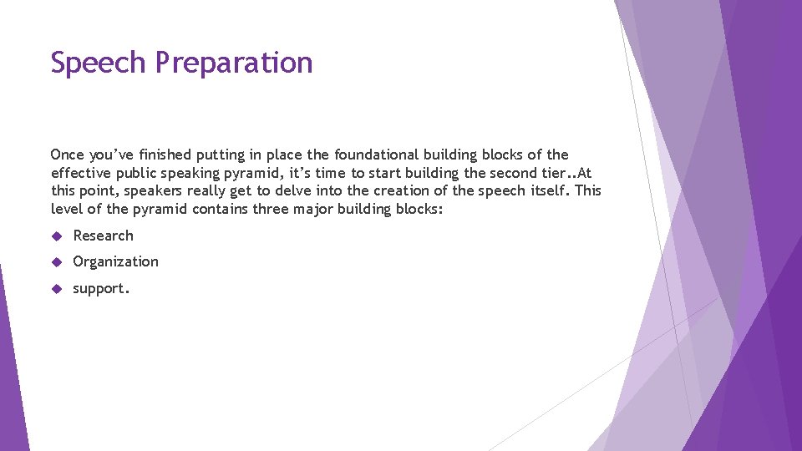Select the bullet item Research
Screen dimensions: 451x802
coord(103,236)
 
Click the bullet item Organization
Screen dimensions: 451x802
coord(115,261)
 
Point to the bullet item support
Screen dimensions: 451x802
coord(101,289)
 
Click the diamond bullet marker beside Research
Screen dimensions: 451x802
coord(57,236)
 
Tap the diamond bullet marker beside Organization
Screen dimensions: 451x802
coord(57,262)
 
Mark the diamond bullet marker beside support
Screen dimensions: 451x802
coord(57,289)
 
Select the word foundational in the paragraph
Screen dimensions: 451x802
coord(378,155)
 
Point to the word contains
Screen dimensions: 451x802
coord(220,209)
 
